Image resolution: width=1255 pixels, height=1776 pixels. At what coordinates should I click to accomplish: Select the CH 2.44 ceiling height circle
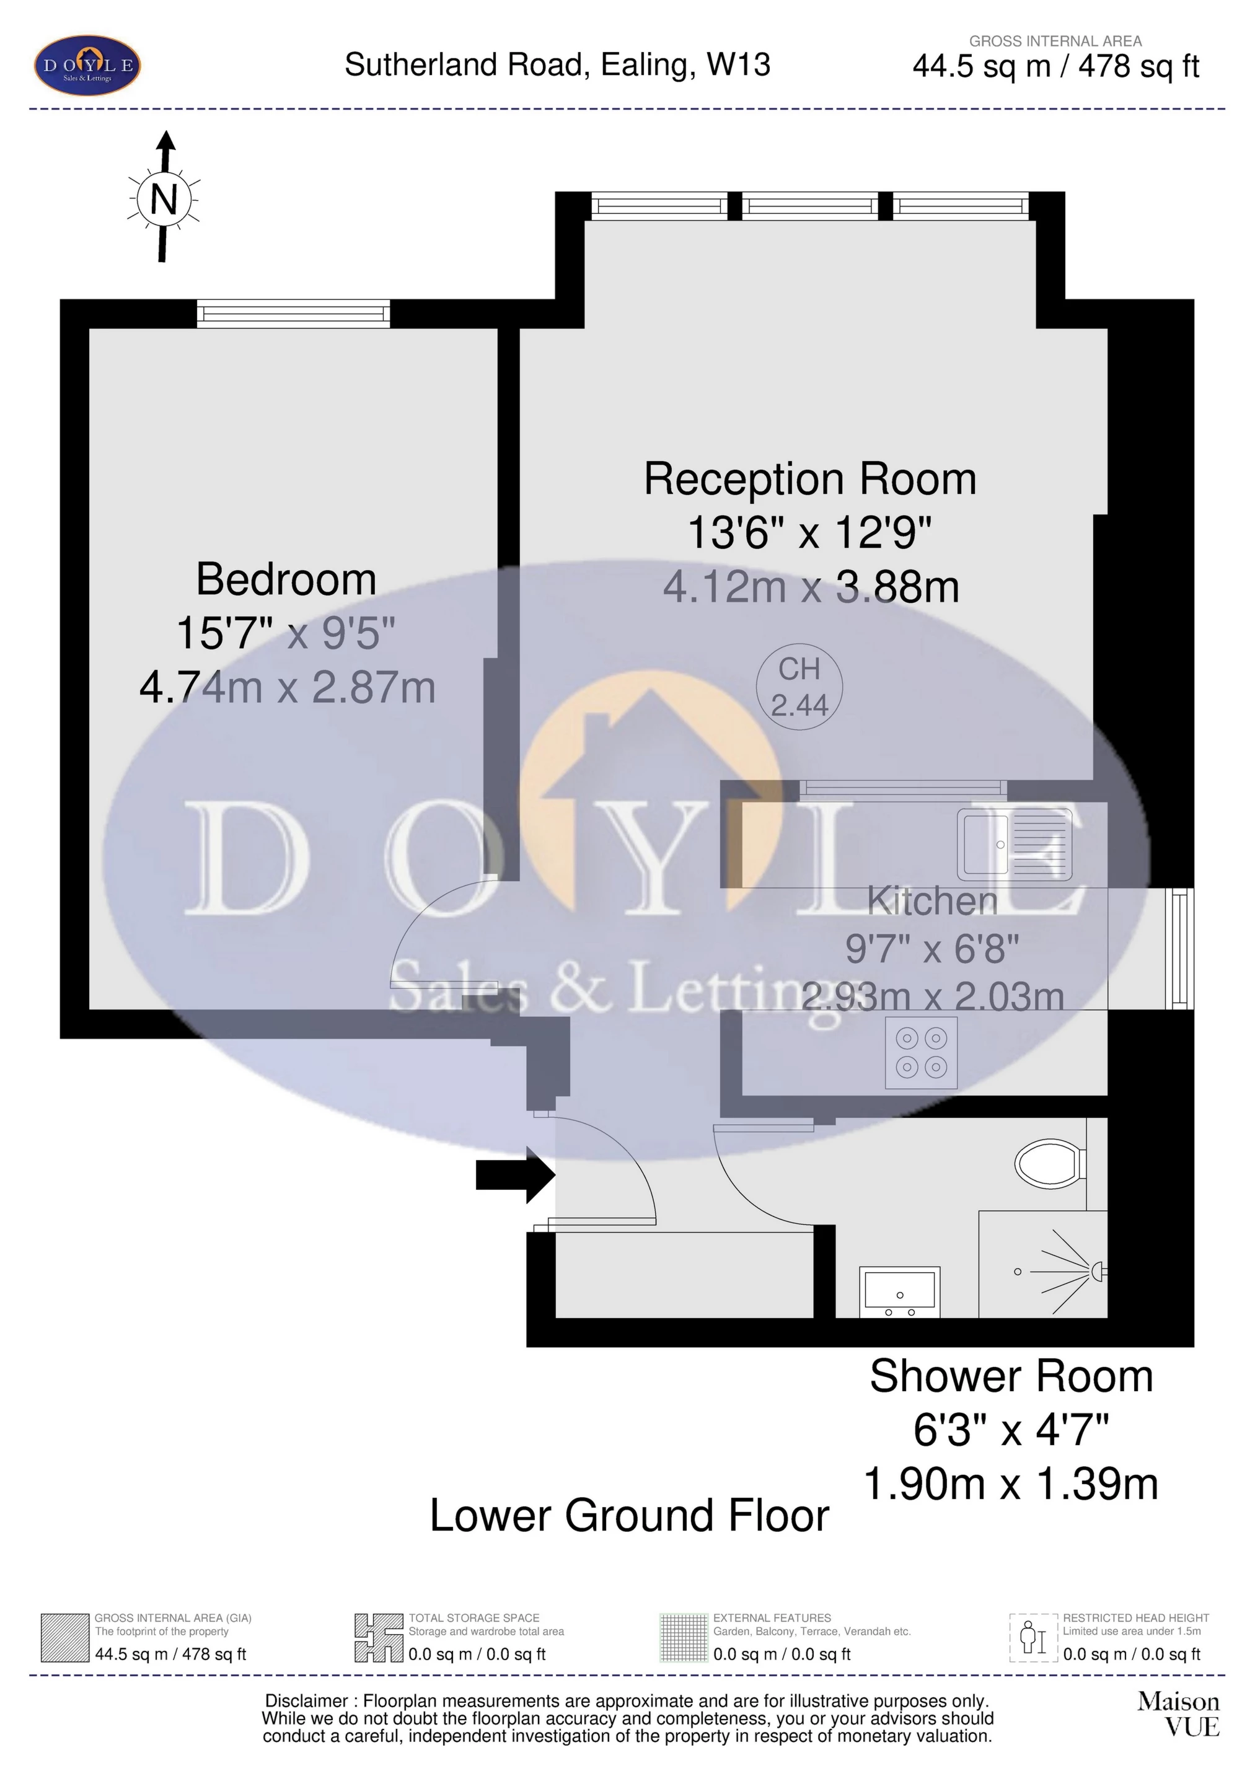coord(798,687)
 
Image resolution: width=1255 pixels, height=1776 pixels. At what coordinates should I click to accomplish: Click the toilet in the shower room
coord(1049,1163)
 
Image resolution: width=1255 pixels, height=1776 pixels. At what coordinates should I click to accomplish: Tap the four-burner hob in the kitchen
coord(921,1053)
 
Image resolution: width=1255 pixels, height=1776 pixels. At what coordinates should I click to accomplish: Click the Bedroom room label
coord(286,579)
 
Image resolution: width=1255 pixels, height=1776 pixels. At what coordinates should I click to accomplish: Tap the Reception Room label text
coord(810,480)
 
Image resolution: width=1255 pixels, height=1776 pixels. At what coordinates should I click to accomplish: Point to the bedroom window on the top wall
coord(293,314)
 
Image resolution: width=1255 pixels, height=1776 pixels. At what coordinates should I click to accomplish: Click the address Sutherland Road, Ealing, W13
coord(557,65)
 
